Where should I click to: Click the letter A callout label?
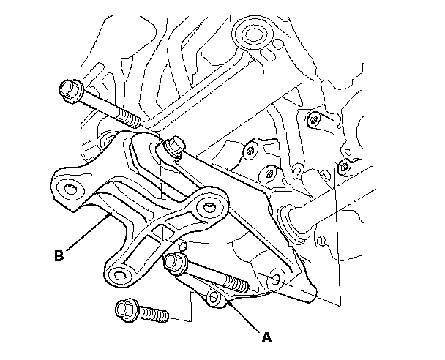266,337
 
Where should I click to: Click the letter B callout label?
61,256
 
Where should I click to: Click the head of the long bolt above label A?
176,261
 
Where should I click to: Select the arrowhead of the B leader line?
111,215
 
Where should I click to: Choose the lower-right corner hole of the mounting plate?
277,279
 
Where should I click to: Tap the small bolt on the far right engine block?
343,168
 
